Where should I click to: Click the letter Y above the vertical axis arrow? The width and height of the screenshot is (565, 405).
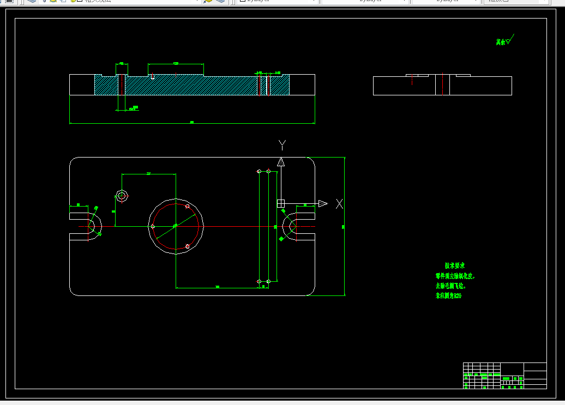point(282,145)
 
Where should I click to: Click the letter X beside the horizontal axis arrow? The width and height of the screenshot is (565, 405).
point(339,204)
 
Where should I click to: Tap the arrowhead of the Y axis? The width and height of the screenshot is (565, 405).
point(281,161)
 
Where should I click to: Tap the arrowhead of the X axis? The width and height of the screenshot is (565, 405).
point(322,203)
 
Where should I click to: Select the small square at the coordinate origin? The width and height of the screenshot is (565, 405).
point(281,203)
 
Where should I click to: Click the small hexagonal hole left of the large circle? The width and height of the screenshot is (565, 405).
point(122,196)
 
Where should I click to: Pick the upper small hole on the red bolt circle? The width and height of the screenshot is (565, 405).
point(187,206)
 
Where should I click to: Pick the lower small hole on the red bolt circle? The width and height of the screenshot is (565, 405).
point(188,246)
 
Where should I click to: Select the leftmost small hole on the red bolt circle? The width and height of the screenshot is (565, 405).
point(153,226)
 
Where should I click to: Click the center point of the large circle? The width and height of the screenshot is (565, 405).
point(175,226)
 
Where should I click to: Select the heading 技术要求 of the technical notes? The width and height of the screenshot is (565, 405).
point(454,265)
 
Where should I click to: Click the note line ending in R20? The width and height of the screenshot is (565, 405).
point(448,296)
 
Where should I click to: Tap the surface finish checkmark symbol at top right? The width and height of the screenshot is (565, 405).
point(509,40)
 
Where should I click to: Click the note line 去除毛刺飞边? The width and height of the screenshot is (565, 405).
point(450,286)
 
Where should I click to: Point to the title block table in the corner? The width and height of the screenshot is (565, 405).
point(504,376)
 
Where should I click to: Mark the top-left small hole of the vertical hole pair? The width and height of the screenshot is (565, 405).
point(259,171)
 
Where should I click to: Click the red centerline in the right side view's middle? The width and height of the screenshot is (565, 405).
point(268,85)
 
